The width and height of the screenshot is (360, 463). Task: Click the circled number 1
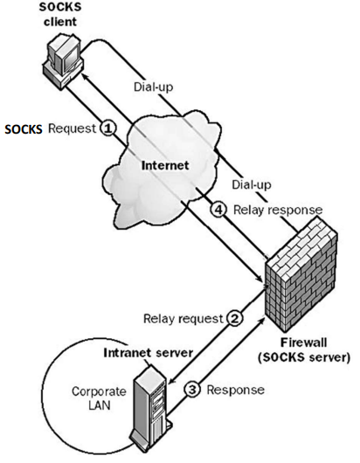(107, 128)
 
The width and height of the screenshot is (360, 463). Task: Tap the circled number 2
(235, 318)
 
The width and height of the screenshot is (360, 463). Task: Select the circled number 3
(192, 390)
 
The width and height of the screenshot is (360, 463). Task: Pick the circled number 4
(218, 210)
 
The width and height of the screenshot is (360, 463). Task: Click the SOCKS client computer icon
(63, 59)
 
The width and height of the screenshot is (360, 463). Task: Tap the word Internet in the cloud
(165, 165)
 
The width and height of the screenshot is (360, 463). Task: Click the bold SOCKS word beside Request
(24, 129)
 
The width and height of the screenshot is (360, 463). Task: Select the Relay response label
(278, 210)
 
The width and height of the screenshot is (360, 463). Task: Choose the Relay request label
(183, 319)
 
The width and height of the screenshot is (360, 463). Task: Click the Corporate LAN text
(100, 398)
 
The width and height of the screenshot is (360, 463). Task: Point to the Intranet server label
(149, 353)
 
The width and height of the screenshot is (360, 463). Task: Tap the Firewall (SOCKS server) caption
(304, 350)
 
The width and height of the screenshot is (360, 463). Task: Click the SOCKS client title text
(60, 14)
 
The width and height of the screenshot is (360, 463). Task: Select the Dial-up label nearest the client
(153, 86)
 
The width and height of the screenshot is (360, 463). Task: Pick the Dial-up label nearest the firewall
(252, 184)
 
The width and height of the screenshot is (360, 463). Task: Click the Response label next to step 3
(235, 390)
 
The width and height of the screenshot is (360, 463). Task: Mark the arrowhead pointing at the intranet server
(171, 381)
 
